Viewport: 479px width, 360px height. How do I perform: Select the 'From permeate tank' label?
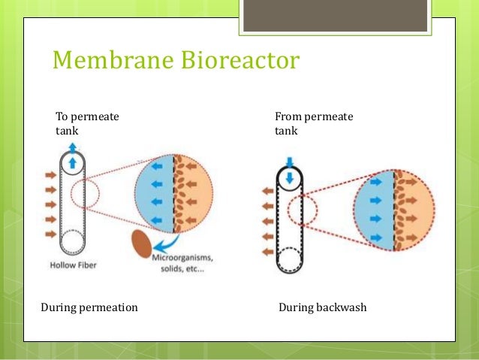(314, 123)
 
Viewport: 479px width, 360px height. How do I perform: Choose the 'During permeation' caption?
(89, 307)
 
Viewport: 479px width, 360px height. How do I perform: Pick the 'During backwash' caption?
(322, 307)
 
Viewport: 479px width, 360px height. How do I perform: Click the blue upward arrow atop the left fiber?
(73, 162)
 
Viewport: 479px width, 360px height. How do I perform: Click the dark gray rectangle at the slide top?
(330, 15)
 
